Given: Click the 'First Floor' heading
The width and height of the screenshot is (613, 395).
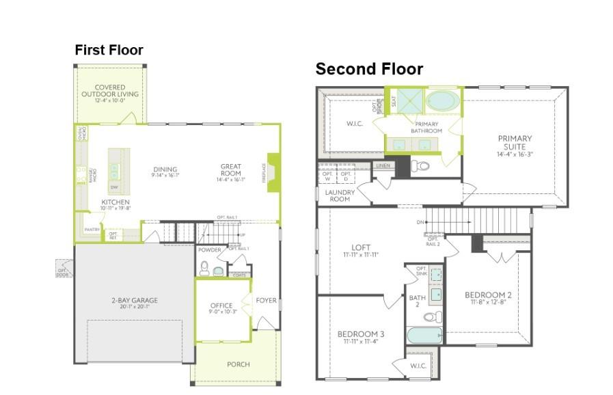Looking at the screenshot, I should pyautogui.click(x=109, y=50).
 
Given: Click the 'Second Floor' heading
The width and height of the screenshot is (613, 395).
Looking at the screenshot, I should pyautogui.click(x=369, y=69).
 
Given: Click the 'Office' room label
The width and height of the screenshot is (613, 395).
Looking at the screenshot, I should pyautogui.click(x=221, y=305).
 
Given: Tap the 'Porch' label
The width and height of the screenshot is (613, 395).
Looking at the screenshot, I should pyautogui.click(x=238, y=364).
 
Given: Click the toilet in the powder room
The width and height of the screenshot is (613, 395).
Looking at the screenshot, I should pyautogui.click(x=219, y=271).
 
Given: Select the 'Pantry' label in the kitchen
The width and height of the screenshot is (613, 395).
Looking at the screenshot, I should pyautogui.click(x=92, y=230).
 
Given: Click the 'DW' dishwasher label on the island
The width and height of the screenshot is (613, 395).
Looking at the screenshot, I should pyautogui.click(x=114, y=187).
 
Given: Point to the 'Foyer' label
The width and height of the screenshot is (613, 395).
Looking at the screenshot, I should pyautogui.click(x=266, y=301).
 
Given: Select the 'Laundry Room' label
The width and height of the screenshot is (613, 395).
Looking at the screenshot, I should pyautogui.click(x=339, y=195).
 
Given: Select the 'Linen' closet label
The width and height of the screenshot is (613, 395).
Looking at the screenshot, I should pyautogui.click(x=383, y=166).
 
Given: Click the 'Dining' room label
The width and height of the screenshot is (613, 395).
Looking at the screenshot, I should pyautogui.click(x=165, y=169).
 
